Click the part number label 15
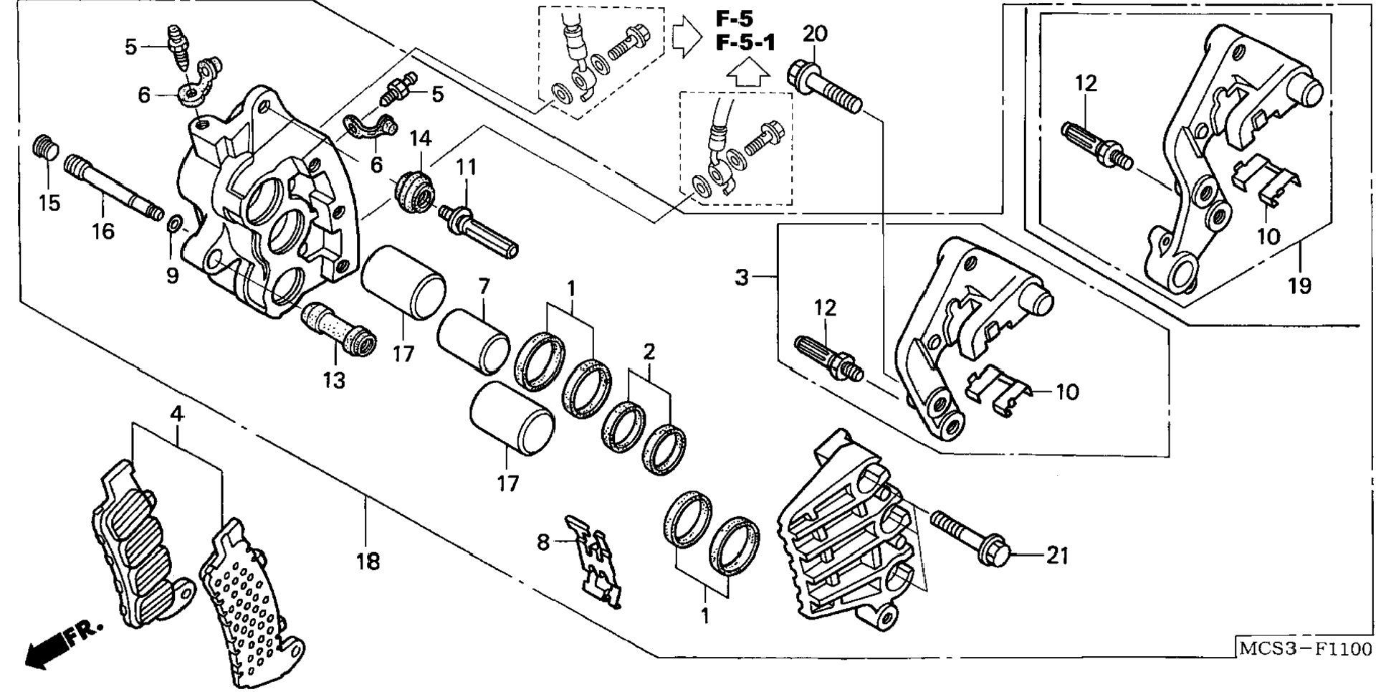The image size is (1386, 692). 49,203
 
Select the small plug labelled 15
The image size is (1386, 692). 45,147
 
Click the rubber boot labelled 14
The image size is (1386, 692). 414,191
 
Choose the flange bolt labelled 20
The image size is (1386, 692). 824,89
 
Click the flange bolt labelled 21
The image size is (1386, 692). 971,539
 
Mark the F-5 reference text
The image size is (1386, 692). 735,19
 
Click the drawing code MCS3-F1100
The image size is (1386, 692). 1305,650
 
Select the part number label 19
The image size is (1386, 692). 1299,286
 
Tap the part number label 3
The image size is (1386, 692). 742,277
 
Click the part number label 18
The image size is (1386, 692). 368,561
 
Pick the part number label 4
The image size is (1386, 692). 176,414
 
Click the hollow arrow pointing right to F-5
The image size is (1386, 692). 687,38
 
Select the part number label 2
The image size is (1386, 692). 649,352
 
